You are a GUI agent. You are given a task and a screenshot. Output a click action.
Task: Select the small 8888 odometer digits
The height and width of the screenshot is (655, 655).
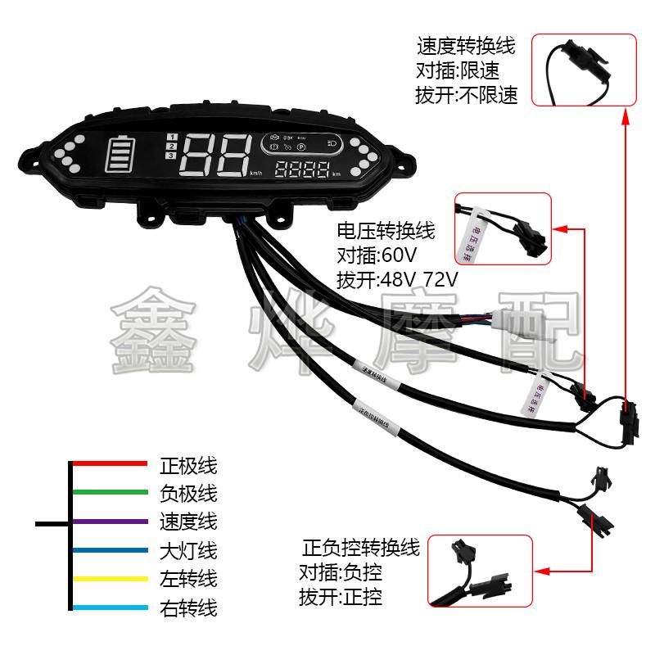[303, 171]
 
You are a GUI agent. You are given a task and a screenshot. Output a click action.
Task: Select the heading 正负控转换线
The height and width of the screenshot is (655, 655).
[360, 546]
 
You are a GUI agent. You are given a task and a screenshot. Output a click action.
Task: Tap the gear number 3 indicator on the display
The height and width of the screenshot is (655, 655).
[170, 156]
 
